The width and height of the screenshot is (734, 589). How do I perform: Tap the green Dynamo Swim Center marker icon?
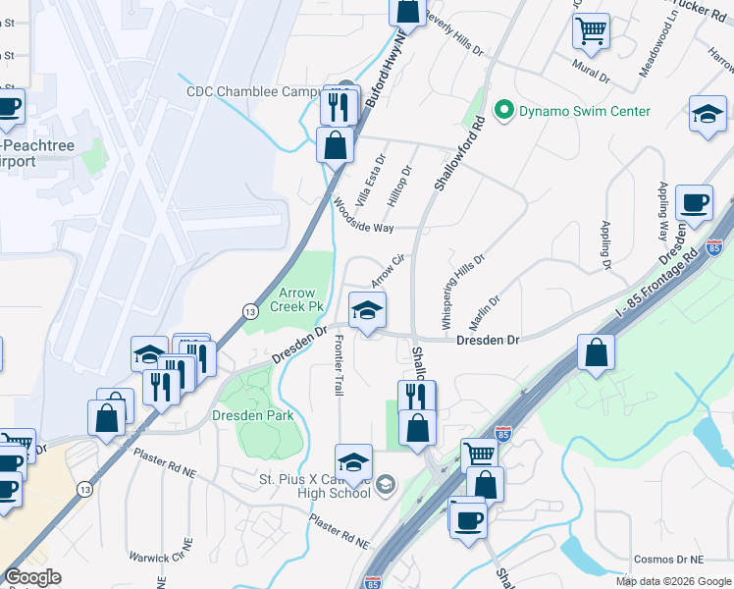[504, 110]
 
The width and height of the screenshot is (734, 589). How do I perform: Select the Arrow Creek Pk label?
[301, 299]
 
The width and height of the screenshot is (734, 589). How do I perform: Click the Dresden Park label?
[253, 415]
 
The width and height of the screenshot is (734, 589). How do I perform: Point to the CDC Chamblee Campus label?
[257, 92]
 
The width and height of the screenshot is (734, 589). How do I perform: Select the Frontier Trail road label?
[340, 365]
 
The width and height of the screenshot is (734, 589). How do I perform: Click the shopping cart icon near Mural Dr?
[591, 31]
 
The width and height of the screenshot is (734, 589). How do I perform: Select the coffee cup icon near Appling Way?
[695, 203]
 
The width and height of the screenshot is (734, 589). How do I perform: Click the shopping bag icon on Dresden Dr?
[596, 352]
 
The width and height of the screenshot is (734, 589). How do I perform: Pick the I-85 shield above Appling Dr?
[715, 247]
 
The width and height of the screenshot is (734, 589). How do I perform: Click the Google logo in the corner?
[33, 577]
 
